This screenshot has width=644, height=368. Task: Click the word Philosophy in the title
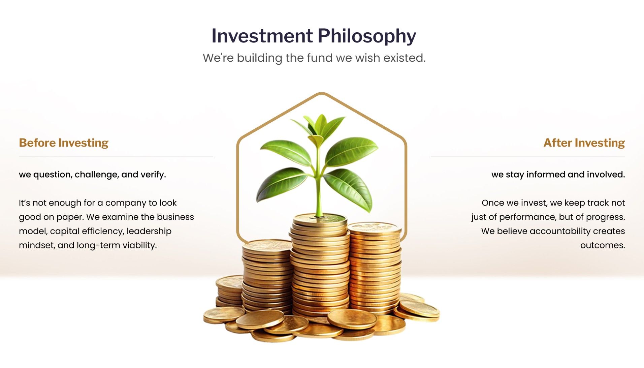366,36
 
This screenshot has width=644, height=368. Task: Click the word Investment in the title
262,36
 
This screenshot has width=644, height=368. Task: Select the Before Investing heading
64,143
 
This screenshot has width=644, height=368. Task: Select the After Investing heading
584,143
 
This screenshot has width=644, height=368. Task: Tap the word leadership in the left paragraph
149,231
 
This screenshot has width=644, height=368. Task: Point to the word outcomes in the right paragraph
602,245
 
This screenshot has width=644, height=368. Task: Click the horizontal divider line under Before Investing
116,157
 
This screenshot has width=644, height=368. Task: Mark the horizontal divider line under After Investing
528,157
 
